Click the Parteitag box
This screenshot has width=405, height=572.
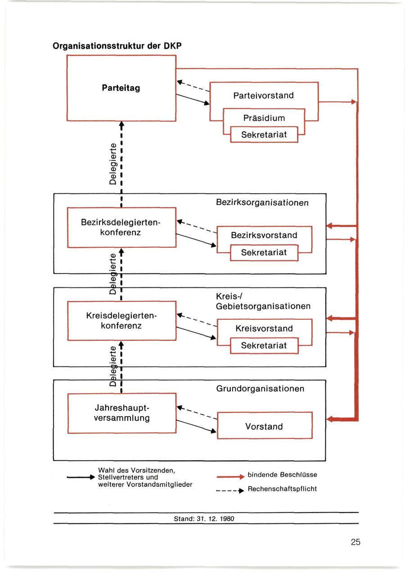tap(121, 88)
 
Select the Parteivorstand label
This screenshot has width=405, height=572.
tap(263, 95)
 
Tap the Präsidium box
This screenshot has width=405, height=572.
tap(264, 118)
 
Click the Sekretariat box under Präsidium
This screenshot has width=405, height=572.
tap(264, 134)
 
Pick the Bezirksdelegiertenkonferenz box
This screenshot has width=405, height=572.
tap(121, 227)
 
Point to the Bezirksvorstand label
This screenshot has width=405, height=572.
tap(264, 235)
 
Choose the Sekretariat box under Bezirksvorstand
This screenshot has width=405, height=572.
tap(264, 253)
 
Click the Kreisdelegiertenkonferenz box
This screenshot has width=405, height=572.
tap(121, 321)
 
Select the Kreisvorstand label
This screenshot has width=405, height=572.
tap(264, 328)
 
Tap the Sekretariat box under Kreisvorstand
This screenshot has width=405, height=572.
tap(264, 345)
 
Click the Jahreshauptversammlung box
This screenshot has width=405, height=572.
tap(121, 413)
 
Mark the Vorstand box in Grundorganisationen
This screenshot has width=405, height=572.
tap(264, 425)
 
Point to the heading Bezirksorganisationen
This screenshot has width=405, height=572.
tap(262, 203)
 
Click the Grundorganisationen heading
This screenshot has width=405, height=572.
tap(260, 388)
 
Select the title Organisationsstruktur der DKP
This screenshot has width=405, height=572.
tap(117, 46)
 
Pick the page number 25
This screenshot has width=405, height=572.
tap(355, 542)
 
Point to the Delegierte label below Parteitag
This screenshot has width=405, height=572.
tap(113, 164)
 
